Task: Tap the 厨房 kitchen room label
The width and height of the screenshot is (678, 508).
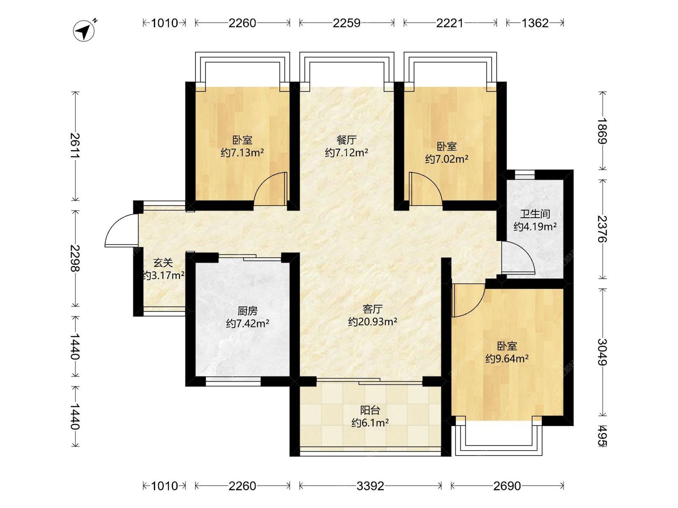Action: [248, 311]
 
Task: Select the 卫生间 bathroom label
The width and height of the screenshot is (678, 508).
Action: [535, 214]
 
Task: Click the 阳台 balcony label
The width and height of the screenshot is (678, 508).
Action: [370, 410]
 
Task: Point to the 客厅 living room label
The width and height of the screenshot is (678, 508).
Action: [373, 309]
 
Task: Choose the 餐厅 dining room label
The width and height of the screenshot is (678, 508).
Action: [346, 140]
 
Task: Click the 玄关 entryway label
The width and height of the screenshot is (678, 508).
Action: [163, 263]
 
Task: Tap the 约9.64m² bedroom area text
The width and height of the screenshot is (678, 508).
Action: [507, 359]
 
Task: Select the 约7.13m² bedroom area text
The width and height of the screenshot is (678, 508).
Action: [242, 153]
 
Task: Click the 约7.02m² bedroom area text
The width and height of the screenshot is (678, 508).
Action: [447, 159]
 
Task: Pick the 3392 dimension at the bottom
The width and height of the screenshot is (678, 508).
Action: [370, 486]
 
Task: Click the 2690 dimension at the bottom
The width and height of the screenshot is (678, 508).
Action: [507, 486]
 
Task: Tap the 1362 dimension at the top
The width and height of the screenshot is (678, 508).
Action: [535, 23]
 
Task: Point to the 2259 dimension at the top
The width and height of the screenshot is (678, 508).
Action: [346, 23]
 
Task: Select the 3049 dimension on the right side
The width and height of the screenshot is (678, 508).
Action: [602, 352]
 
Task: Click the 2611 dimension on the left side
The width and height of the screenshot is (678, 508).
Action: [75, 146]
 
